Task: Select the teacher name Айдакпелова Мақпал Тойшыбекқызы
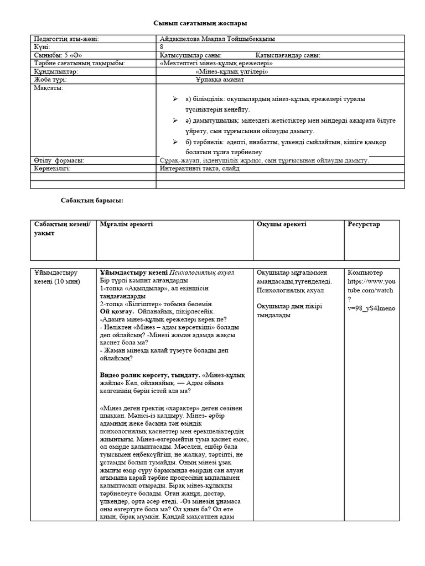click(x=216, y=39)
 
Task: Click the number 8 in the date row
click(x=161, y=47)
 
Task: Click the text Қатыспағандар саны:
click(x=288, y=55)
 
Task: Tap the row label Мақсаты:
click(x=49, y=88)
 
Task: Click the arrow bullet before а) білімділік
click(x=175, y=98)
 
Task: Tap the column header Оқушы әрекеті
click(x=282, y=224)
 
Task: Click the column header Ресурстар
click(x=364, y=224)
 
